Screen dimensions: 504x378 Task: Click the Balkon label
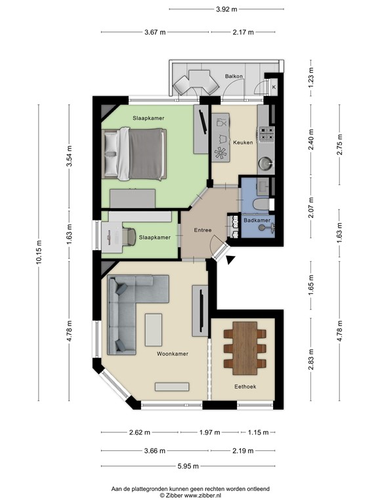(x=234, y=77)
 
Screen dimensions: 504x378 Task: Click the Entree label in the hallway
(x=202, y=231)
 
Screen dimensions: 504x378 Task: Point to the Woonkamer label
(x=173, y=354)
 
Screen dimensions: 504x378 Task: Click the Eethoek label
(x=244, y=387)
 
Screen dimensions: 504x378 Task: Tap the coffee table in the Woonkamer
(x=154, y=330)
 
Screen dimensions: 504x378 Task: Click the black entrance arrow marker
(x=230, y=261)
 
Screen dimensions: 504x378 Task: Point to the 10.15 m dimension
(x=39, y=252)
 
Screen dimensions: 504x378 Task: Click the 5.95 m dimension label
(x=189, y=467)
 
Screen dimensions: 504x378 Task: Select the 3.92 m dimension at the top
(x=226, y=9)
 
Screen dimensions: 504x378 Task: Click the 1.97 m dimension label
(x=210, y=432)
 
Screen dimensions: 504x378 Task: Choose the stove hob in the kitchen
(x=265, y=135)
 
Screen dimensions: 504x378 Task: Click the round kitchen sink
(x=265, y=162)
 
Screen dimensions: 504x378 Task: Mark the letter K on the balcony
(x=274, y=87)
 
